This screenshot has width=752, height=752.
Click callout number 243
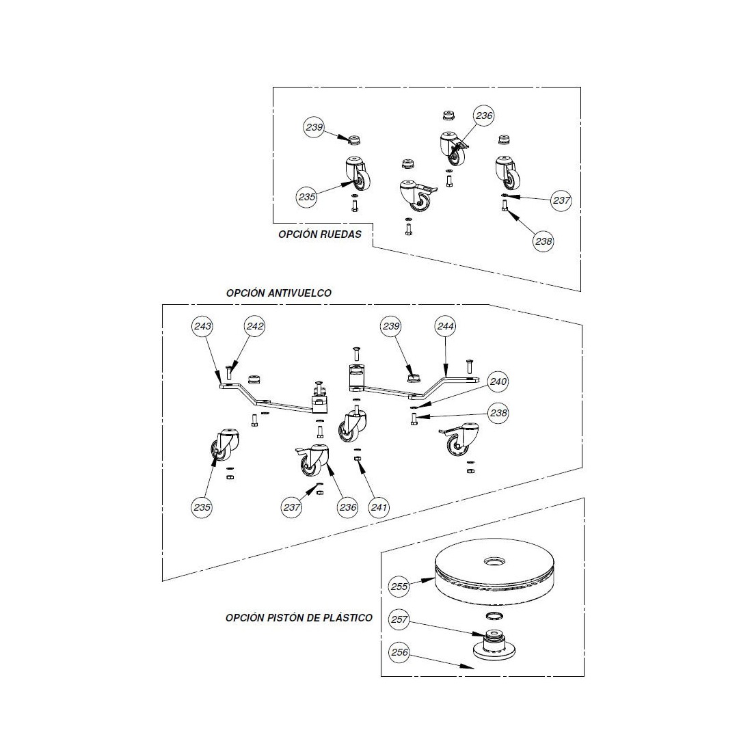(202, 327)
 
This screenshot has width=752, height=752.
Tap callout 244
(445, 327)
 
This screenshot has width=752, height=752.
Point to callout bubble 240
(498, 382)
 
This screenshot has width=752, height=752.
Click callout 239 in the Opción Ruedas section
(314, 127)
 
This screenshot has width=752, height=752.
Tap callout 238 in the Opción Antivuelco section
(498, 414)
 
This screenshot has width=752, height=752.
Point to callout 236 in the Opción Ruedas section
(484, 116)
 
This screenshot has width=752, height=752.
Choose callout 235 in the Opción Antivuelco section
(202, 507)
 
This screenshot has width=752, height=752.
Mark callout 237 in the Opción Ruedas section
(562, 200)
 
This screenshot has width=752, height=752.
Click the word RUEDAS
(340, 234)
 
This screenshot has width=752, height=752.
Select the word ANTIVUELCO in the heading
(299, 293)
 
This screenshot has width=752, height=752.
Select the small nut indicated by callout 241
(358, 459)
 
